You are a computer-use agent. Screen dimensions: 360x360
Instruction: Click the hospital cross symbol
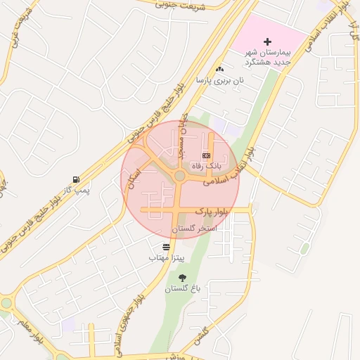click(x=267, y=42)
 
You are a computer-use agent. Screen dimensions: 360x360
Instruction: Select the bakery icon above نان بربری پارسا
click(x=220, y=69)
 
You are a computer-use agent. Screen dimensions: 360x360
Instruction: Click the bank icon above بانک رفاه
click(x=206, y=155)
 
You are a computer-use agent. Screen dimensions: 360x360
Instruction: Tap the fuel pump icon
click(x=75, y=179)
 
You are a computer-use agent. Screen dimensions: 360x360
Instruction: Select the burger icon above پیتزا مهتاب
click(x=166, y=247)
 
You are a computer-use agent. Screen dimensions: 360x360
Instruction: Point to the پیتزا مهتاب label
click(x=166, y=258)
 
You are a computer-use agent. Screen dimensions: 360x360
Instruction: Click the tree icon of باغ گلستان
click(x=184, y=278)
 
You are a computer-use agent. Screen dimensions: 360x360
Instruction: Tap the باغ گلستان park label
click(x=184, y=288)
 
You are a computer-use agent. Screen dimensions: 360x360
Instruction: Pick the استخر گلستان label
click(x=194, y=229)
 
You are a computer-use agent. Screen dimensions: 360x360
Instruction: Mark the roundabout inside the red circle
click(x=180, y=175)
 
